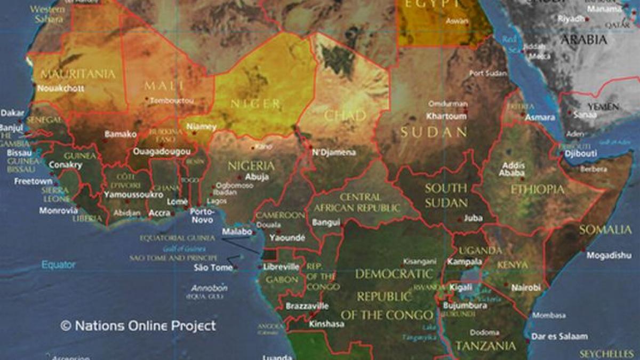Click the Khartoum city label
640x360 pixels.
click(446, 116)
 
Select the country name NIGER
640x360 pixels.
click(254, 103)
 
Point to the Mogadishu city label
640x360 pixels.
click(609, 255)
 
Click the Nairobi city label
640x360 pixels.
click(526, 287)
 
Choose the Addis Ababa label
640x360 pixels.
click(513, 169)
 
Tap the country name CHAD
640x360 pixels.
click(345, 115)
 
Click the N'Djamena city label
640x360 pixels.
click(333, 153)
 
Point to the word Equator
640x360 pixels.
click(59, 265)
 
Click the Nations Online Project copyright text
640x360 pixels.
click(139, 326)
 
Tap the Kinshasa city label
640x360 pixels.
click(326, 324)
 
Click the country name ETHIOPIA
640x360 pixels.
click(537, 189)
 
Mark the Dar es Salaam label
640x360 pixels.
click(559, 337)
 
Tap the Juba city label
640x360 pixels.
click(473, 218)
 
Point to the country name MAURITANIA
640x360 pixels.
click(78, 74)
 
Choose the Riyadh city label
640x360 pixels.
click(571, 19)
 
